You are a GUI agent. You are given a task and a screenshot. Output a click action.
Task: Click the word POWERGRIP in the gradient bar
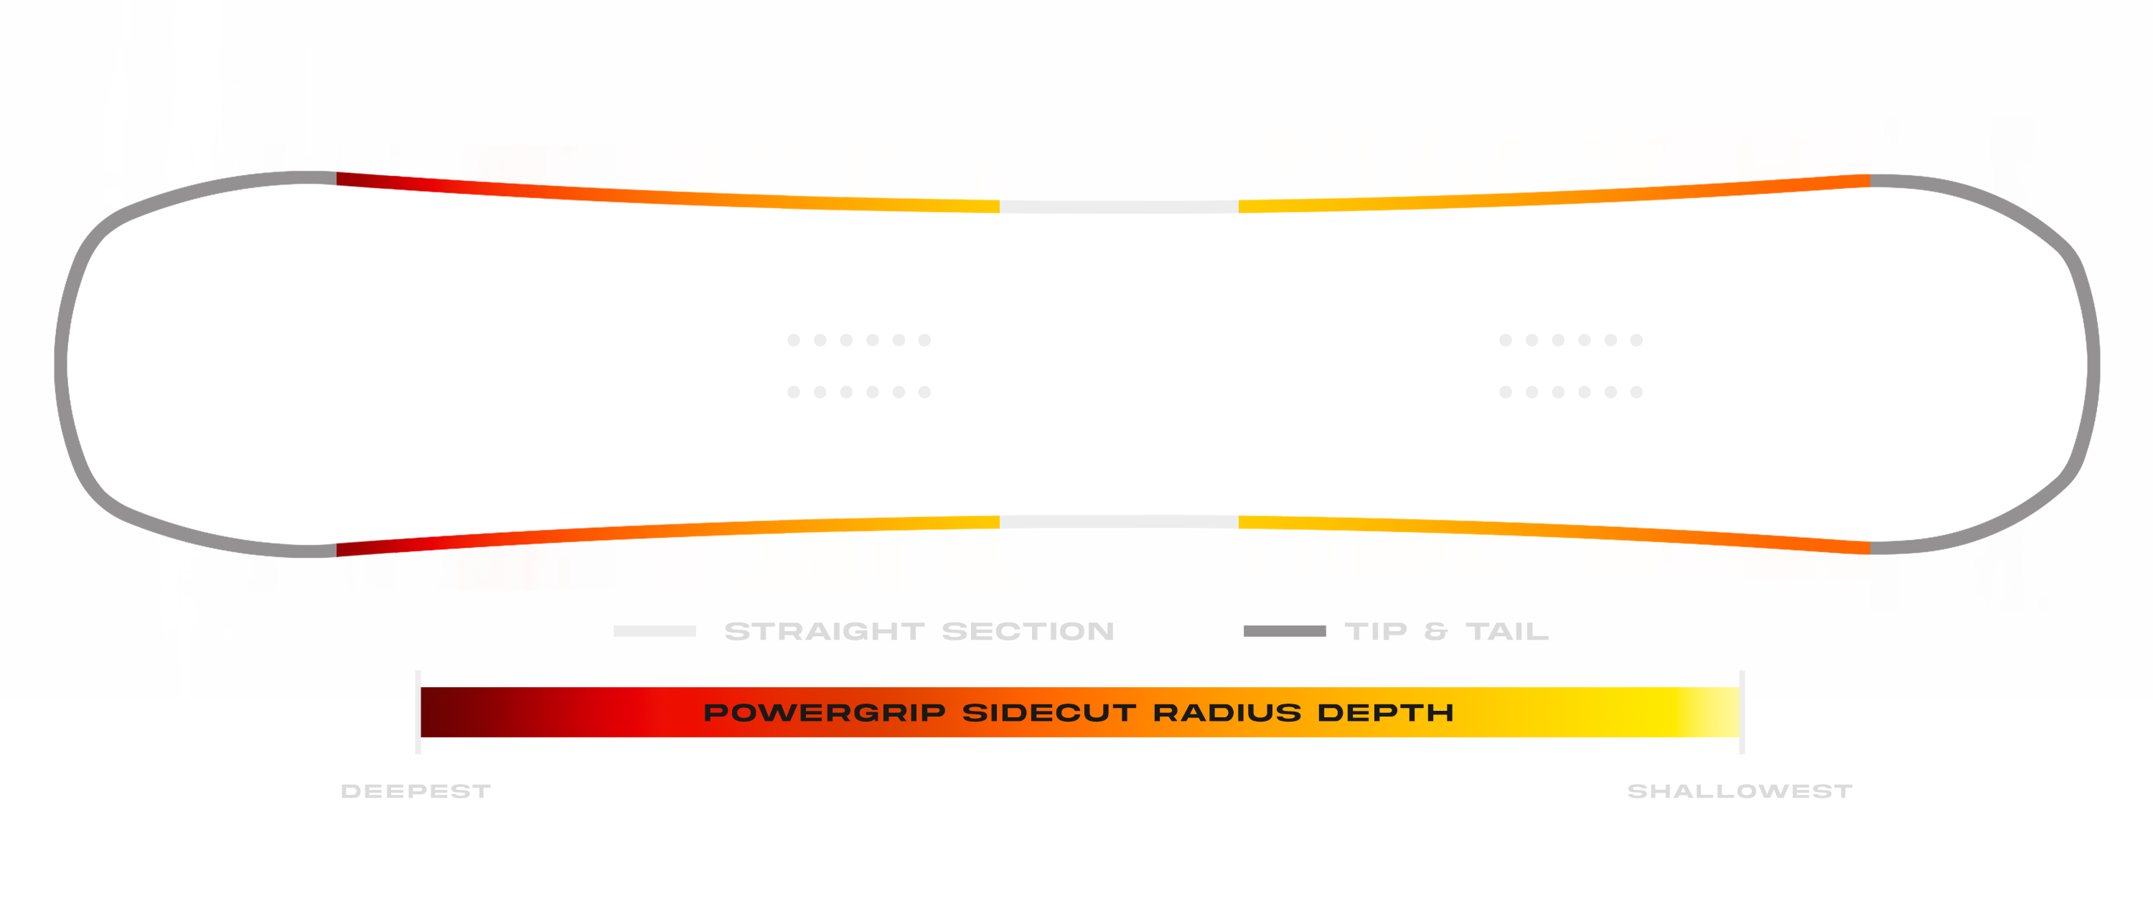tap(824, 712)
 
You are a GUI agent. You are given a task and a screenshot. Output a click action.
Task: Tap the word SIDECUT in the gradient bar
tap(1049, 712)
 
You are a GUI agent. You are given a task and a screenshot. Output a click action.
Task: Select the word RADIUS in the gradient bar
tap(1227, 712)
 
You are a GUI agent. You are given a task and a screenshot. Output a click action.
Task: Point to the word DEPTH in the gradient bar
tap(1386, 712)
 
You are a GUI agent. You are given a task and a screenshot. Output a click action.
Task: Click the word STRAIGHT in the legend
tap(824, 631)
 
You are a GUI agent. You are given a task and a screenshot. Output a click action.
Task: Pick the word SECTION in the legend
tap(1028, 631)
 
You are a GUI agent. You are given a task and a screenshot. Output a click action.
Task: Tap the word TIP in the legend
tap(1376, 631)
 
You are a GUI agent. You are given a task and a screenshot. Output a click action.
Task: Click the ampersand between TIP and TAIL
tap(1436, 631)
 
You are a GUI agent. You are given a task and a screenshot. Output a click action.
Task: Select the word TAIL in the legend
tap(1507, 631)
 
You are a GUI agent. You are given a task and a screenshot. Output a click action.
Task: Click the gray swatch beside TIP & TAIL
tap(1285, 631)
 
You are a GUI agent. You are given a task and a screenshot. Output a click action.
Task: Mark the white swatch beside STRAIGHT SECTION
tap(655, 631)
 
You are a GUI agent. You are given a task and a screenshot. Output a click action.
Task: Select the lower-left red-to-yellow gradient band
tap(669, 560)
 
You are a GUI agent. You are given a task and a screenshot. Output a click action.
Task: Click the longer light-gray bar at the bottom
tap(974, 793)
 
